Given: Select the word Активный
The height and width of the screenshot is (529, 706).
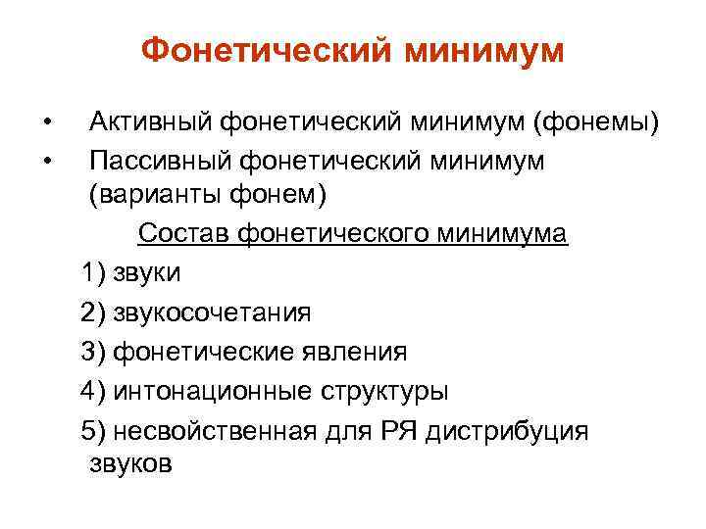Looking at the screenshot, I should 151,121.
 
